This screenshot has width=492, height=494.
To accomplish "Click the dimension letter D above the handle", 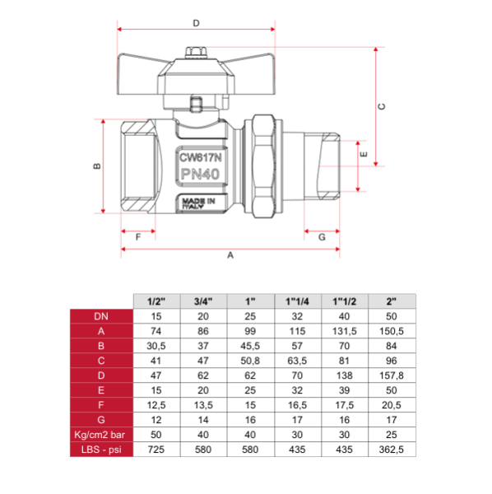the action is (196, 23).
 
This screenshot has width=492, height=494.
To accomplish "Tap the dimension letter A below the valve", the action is (230, 255).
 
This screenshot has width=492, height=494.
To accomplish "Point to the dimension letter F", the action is (138, 237).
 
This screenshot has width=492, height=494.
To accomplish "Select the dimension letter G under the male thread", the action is (322, 237).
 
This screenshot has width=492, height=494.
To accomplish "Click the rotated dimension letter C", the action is (382, 106).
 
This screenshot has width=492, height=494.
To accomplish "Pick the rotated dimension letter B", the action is (97, 166).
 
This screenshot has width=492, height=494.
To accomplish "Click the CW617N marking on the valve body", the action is (201, 157).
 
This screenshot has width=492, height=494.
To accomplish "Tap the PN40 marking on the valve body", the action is (200, 174).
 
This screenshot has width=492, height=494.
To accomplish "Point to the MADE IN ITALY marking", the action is (198, 203).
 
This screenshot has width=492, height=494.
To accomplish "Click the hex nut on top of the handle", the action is (196, 53).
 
